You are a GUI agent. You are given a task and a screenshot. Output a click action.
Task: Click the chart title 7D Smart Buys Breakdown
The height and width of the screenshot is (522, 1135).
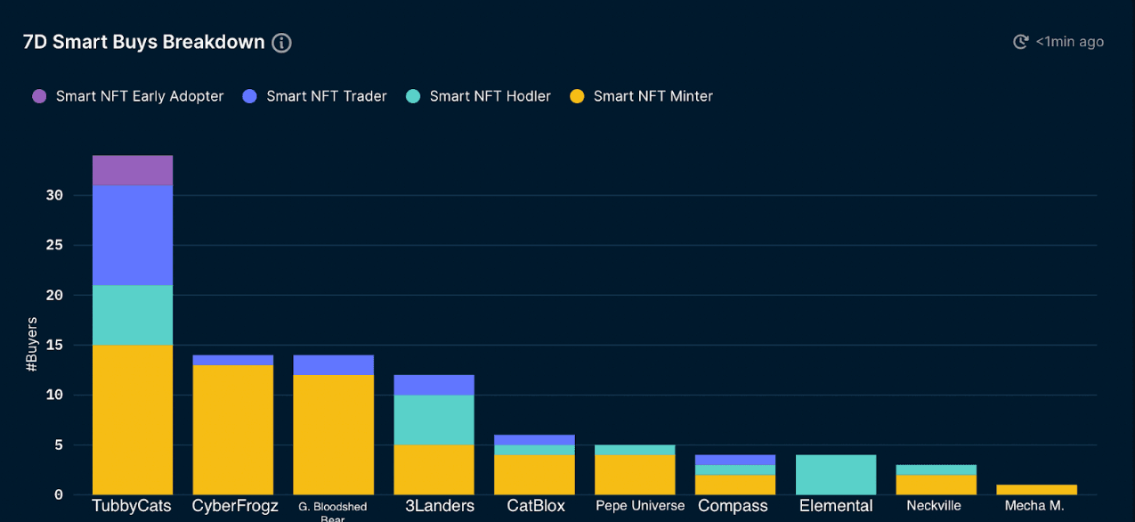click(x=143, y=42)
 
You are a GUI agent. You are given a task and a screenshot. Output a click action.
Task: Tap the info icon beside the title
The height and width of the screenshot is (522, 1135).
click(x=281, y=43)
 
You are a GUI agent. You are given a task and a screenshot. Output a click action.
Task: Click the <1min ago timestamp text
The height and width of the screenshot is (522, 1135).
click(x=1069, y=42)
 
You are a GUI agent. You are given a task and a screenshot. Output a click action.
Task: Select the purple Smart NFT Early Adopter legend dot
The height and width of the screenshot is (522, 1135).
click(x=39, y=96)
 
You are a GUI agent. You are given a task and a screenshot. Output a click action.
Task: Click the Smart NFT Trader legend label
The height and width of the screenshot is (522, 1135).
click(x=326, y=96)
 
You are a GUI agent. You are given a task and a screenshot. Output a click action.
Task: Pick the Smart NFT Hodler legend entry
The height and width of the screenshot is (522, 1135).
click(x=490, y=96)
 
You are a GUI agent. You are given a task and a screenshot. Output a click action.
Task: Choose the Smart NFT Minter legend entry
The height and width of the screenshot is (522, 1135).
click(x=653, y=96)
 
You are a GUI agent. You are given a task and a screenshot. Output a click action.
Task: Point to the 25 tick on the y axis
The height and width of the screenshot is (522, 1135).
click(x=54, y=245)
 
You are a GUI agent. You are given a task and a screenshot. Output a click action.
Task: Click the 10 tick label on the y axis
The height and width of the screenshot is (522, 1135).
click(x=54, y=395)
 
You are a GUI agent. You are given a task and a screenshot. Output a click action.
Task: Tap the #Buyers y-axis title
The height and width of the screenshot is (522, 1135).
click(x=32, y=344)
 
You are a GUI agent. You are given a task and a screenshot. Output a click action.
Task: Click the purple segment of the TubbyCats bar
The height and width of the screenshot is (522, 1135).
click(x=133, y=170)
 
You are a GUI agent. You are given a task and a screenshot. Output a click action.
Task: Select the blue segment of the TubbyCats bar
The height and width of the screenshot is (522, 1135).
click(x=133, y=235)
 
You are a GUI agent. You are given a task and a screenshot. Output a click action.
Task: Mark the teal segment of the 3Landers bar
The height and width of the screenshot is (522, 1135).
click(x=434, y=420)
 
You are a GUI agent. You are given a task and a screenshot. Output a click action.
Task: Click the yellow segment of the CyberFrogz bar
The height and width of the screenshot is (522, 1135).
click(x=233, y=429)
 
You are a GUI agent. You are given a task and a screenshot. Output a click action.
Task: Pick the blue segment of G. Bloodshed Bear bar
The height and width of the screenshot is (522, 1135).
click(x=334, y=365)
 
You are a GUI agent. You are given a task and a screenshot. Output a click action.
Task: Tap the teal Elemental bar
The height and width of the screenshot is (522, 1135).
click(x=837, y=475)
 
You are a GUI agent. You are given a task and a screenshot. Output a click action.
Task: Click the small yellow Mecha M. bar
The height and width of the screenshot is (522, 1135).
click(x=1036, y=489)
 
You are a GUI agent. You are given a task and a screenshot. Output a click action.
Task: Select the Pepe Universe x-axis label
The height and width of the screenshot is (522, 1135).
click(x=640, y=505)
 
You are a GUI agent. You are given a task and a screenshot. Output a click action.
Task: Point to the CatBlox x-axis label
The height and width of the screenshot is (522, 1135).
click(x=536, y=505)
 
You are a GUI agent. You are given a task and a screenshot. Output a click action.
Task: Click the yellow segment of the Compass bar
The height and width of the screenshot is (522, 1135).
click(x=735, y=485)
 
